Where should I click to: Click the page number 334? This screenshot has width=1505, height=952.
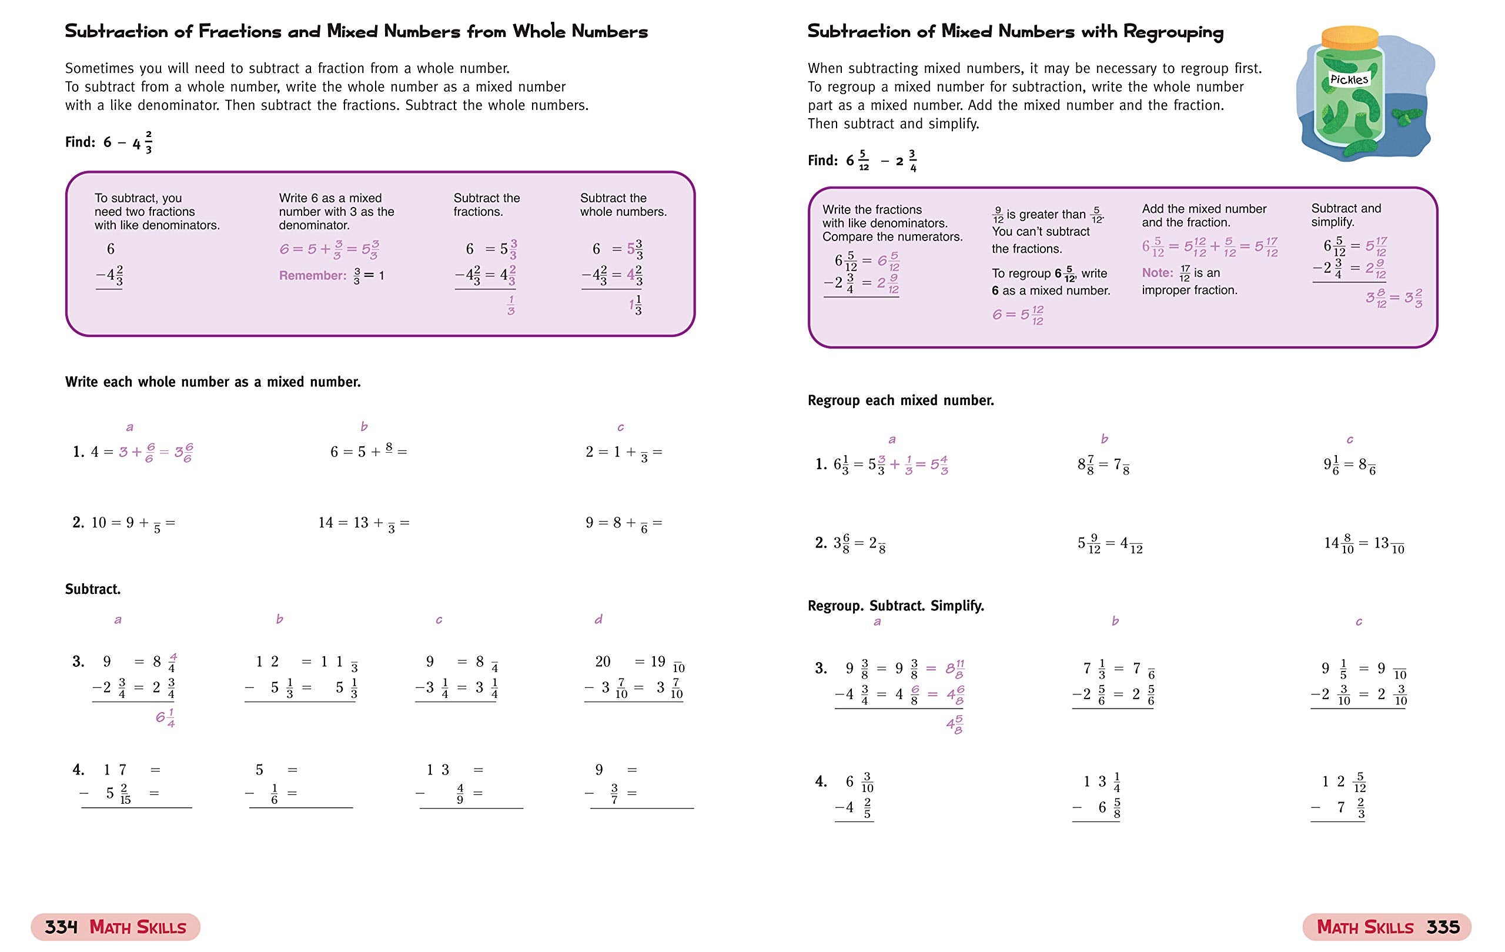click(61, 926)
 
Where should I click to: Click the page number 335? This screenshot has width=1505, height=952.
click(1443, 926)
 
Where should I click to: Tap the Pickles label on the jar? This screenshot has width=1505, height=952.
click(1349, 79)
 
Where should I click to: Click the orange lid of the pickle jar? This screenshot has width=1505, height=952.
click(1349, 39)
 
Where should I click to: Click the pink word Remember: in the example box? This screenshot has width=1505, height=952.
click(312, 276)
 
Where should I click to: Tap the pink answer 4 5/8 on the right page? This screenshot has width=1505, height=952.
click(954, 725)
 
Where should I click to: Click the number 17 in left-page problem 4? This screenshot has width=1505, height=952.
click(115, 770)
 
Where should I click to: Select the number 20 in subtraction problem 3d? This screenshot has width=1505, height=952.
click(603, 662)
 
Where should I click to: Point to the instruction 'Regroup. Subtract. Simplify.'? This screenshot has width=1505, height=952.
click(895, 606)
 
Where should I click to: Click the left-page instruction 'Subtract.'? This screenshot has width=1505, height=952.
click(92, 589)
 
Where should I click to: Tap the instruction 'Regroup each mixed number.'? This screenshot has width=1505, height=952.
click(900, 400)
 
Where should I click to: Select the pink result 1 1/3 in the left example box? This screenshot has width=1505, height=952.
click(635, 305)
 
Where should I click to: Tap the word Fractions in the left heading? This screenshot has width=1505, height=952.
click(240, 32)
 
